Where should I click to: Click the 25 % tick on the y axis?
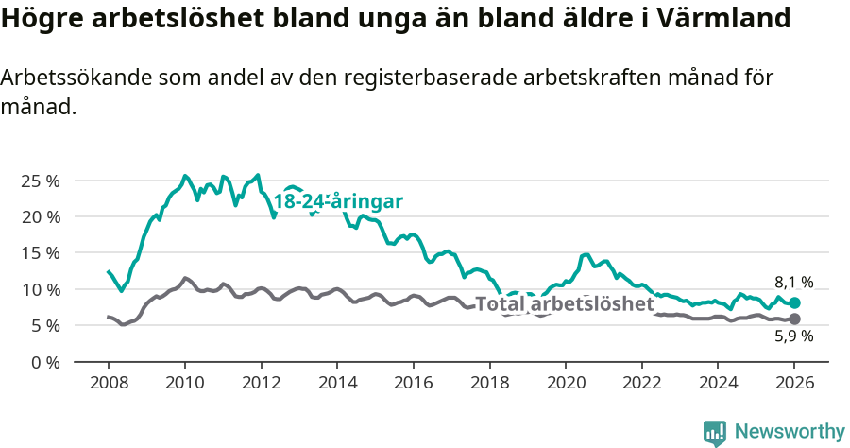(x=40, y=181)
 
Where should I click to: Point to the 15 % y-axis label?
(x=40, y=253)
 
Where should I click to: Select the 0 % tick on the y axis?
(x=44, y=362)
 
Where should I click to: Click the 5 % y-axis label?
(x=44, y=326)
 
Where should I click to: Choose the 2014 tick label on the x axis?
(x=336, y=384)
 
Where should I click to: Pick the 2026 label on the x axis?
(x=793, y=384)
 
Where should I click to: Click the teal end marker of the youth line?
(x=794, y=302)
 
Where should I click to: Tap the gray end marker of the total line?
(x=794, y=319)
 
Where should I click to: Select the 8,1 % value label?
(x=793, y=282)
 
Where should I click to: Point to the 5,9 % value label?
(x=793, y=336)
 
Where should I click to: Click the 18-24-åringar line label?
(x=338, y=201)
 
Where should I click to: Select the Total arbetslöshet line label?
(x=564, y=304)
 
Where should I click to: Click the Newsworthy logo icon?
(x=715, y=433)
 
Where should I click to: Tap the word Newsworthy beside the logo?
(x=789, y=432)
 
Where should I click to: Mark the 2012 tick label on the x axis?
(x=261, y=384)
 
